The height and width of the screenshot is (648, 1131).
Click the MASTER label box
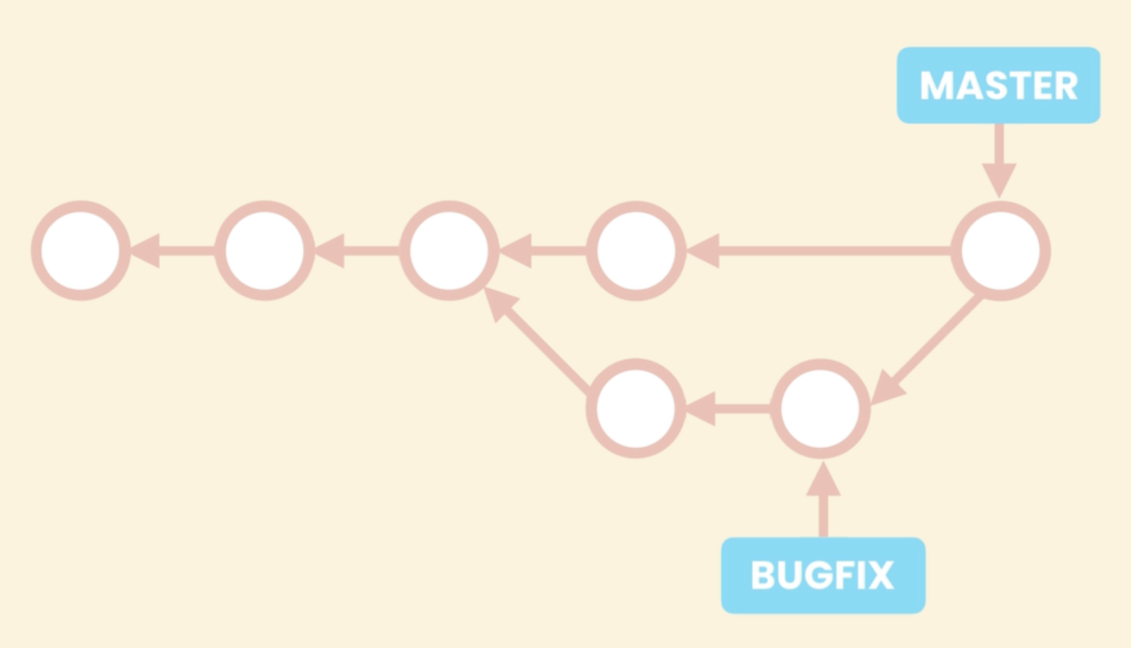(998, 85)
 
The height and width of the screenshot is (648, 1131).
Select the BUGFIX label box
(823, 575)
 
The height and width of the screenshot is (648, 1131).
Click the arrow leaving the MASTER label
(1000, 161)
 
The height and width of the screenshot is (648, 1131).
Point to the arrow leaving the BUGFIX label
(823, 499)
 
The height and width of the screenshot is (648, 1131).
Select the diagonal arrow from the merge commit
(926, 351)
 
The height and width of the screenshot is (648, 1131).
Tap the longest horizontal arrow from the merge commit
(819, 251)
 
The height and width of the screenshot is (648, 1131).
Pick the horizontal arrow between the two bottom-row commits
(728, 409)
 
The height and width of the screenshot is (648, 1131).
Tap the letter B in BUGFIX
(763, 575)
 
